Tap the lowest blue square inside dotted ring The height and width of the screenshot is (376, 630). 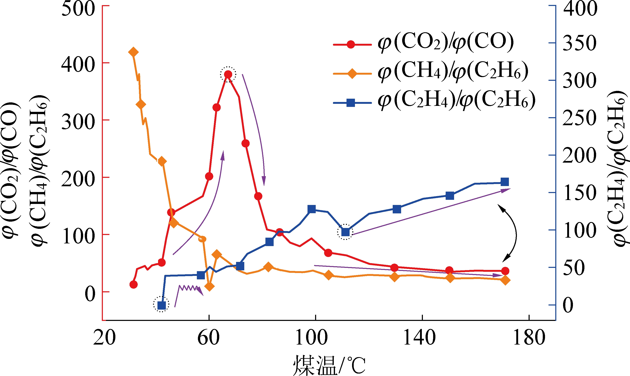pos(161,305)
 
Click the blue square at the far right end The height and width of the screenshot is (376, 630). pos(505,182)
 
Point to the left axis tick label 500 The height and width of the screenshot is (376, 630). pos(78,9)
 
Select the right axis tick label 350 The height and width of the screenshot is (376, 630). pos(579,43)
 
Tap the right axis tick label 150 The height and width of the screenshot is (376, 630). pos(579,193)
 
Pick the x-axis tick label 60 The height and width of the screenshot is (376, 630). pos(208,338)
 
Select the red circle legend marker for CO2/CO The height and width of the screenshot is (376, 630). pos(351,45)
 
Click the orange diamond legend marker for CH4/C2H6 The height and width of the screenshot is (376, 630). pos(352,74)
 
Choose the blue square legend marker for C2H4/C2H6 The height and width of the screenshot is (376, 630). pos(351,103)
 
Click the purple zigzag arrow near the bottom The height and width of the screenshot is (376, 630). pos(188,291)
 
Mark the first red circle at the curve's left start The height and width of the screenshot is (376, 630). pos(134,285)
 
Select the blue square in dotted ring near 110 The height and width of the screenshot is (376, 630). pos(345,232)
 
